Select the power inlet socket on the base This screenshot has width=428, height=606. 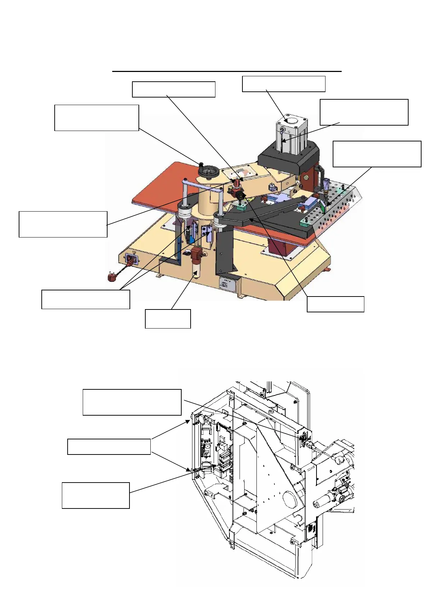click(130, 259)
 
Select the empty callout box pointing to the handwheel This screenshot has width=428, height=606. click(96, 118)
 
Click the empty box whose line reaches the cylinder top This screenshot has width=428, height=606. click(283, 84)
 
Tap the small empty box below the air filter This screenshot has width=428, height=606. click(168, 318)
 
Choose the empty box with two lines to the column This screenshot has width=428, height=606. click(86, 299)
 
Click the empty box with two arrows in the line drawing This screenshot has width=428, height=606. click(109, 447)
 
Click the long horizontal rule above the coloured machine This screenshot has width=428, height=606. click(227, 72)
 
